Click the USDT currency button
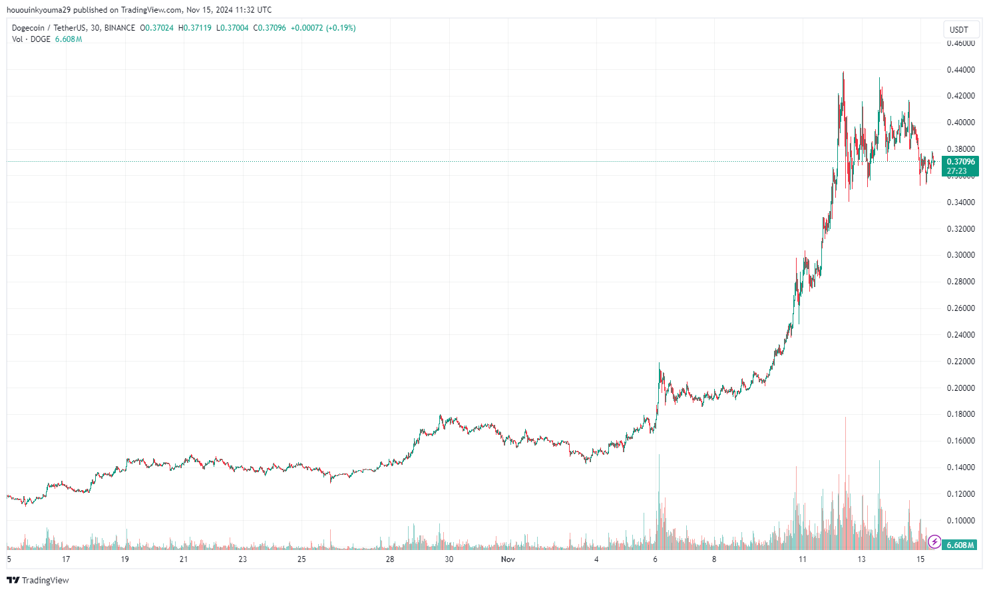pyautogui.click(x=959, y=29)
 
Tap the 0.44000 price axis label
pyautogui.click(x=960, y=70)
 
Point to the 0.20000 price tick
pyautogui.click(x=960, y=388)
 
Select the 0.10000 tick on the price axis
pyautogui.click(x=960, y=521)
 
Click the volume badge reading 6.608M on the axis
pyautogui.click(x=960, y=545)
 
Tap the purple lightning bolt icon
pyautogui.click(x=934, y=542)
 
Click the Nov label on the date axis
pyautogui.click(x=508, y=559)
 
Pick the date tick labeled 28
pyautogui.click(x=390, y=559)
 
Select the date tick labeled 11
pyautogui.click(x=803, y=559)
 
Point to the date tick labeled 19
pyautogui.click(x=125, y=559)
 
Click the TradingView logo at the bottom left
pyautogui.click(x=38, y=580)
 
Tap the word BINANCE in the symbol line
pyautogui.click(x=120, y=28)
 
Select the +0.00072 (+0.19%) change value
pyautogui.click(x=323, y=28)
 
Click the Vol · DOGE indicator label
pyautogui.click(x=31, y=39)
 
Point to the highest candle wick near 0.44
pyautogui.click(x=843, y=73)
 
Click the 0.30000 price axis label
pyautogui.click(x=960, y=255)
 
